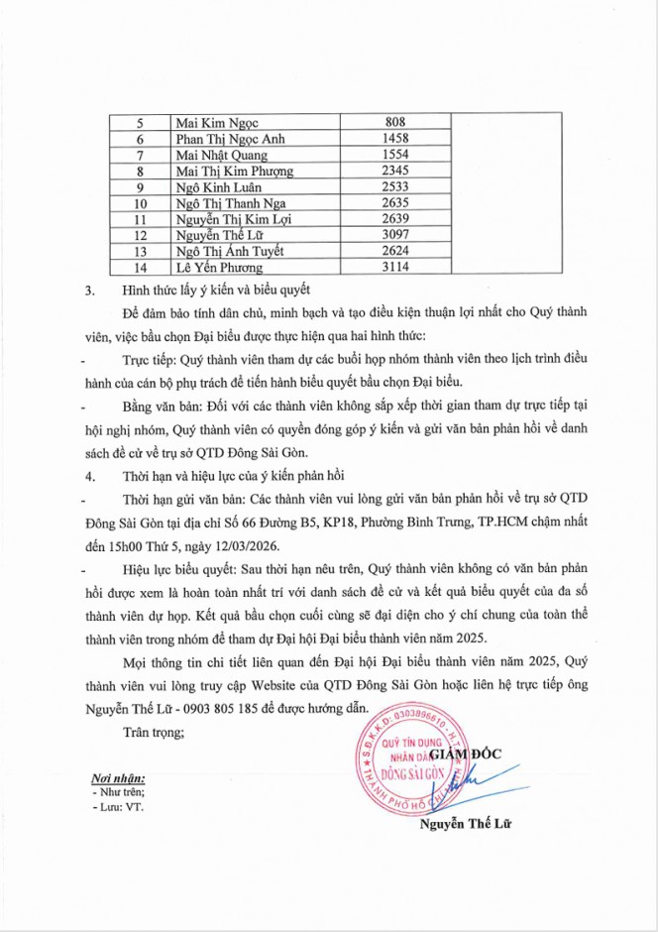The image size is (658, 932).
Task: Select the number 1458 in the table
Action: [x=395, y=139]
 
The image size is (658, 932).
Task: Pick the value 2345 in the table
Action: [x=395, y=171]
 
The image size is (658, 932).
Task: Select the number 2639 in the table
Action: [x=395, y=218]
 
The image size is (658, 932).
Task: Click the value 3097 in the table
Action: [x=395, y=235]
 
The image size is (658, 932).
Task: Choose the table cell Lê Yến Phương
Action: [x=221, y=267]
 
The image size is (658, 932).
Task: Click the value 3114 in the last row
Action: [x=395, y=267]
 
